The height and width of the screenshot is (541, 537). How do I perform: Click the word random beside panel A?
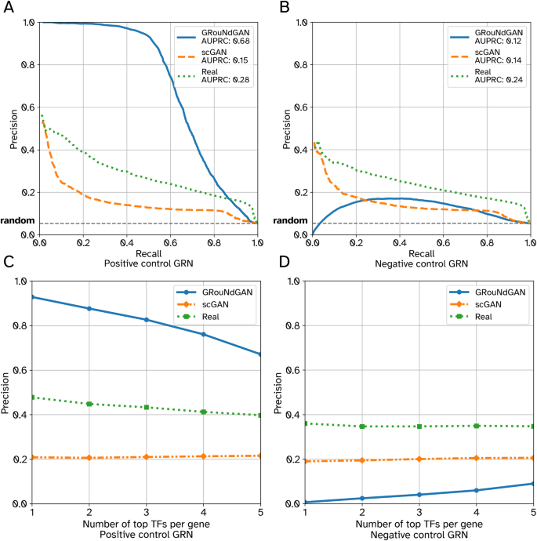point(17,221)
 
